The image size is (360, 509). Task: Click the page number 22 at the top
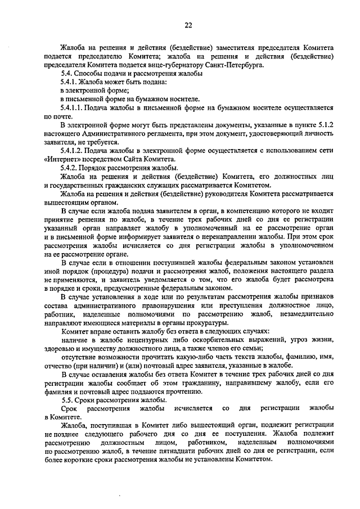(188, 25)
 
